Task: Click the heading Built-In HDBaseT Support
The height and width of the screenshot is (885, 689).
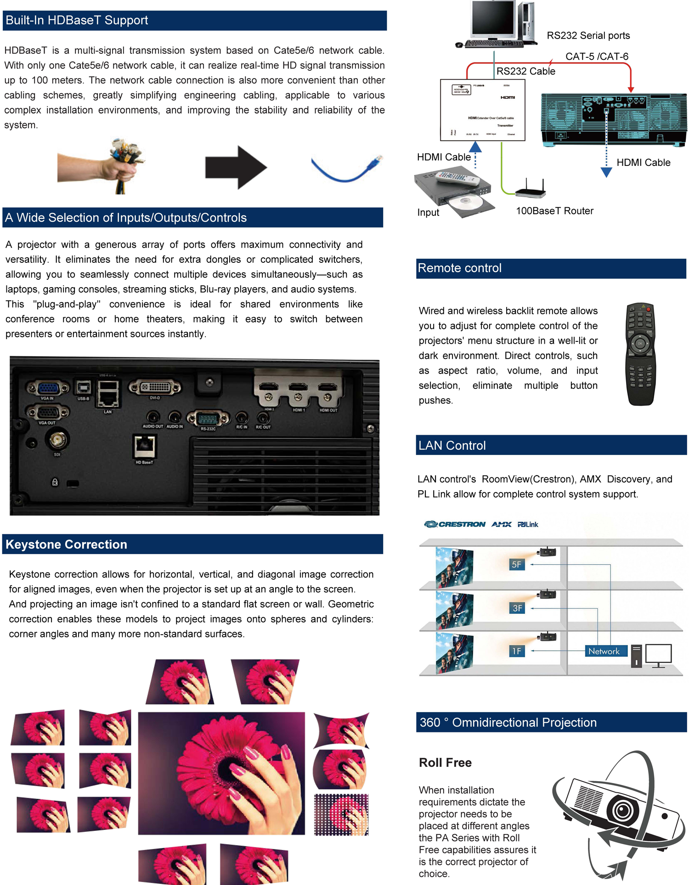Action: [77, 20]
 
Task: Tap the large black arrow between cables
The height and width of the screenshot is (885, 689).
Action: [235, 167]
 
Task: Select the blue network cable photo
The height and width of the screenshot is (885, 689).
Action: [347, 168]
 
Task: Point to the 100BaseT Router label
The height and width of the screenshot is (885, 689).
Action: [554, 211]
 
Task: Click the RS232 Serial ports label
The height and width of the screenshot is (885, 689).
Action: [588, 35]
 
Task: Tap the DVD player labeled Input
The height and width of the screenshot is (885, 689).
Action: [455, 193]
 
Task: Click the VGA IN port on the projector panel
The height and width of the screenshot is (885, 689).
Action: [48, 388]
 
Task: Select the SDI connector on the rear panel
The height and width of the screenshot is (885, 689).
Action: [57, 440]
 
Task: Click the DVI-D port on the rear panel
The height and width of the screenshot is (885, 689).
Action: [155, 387]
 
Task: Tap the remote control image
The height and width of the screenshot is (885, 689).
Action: [640, 354]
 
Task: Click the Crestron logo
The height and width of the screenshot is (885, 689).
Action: [454, 524]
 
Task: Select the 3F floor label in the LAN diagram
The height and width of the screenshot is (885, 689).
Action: [517, 608]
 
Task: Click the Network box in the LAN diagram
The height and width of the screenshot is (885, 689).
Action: [604, 651]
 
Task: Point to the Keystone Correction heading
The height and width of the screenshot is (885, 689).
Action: [66, 544]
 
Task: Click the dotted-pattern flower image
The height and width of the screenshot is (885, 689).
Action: [341, 814]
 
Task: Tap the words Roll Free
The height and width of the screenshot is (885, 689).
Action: [445, 762]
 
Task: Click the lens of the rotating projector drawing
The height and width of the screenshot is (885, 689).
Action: [622, 810]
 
